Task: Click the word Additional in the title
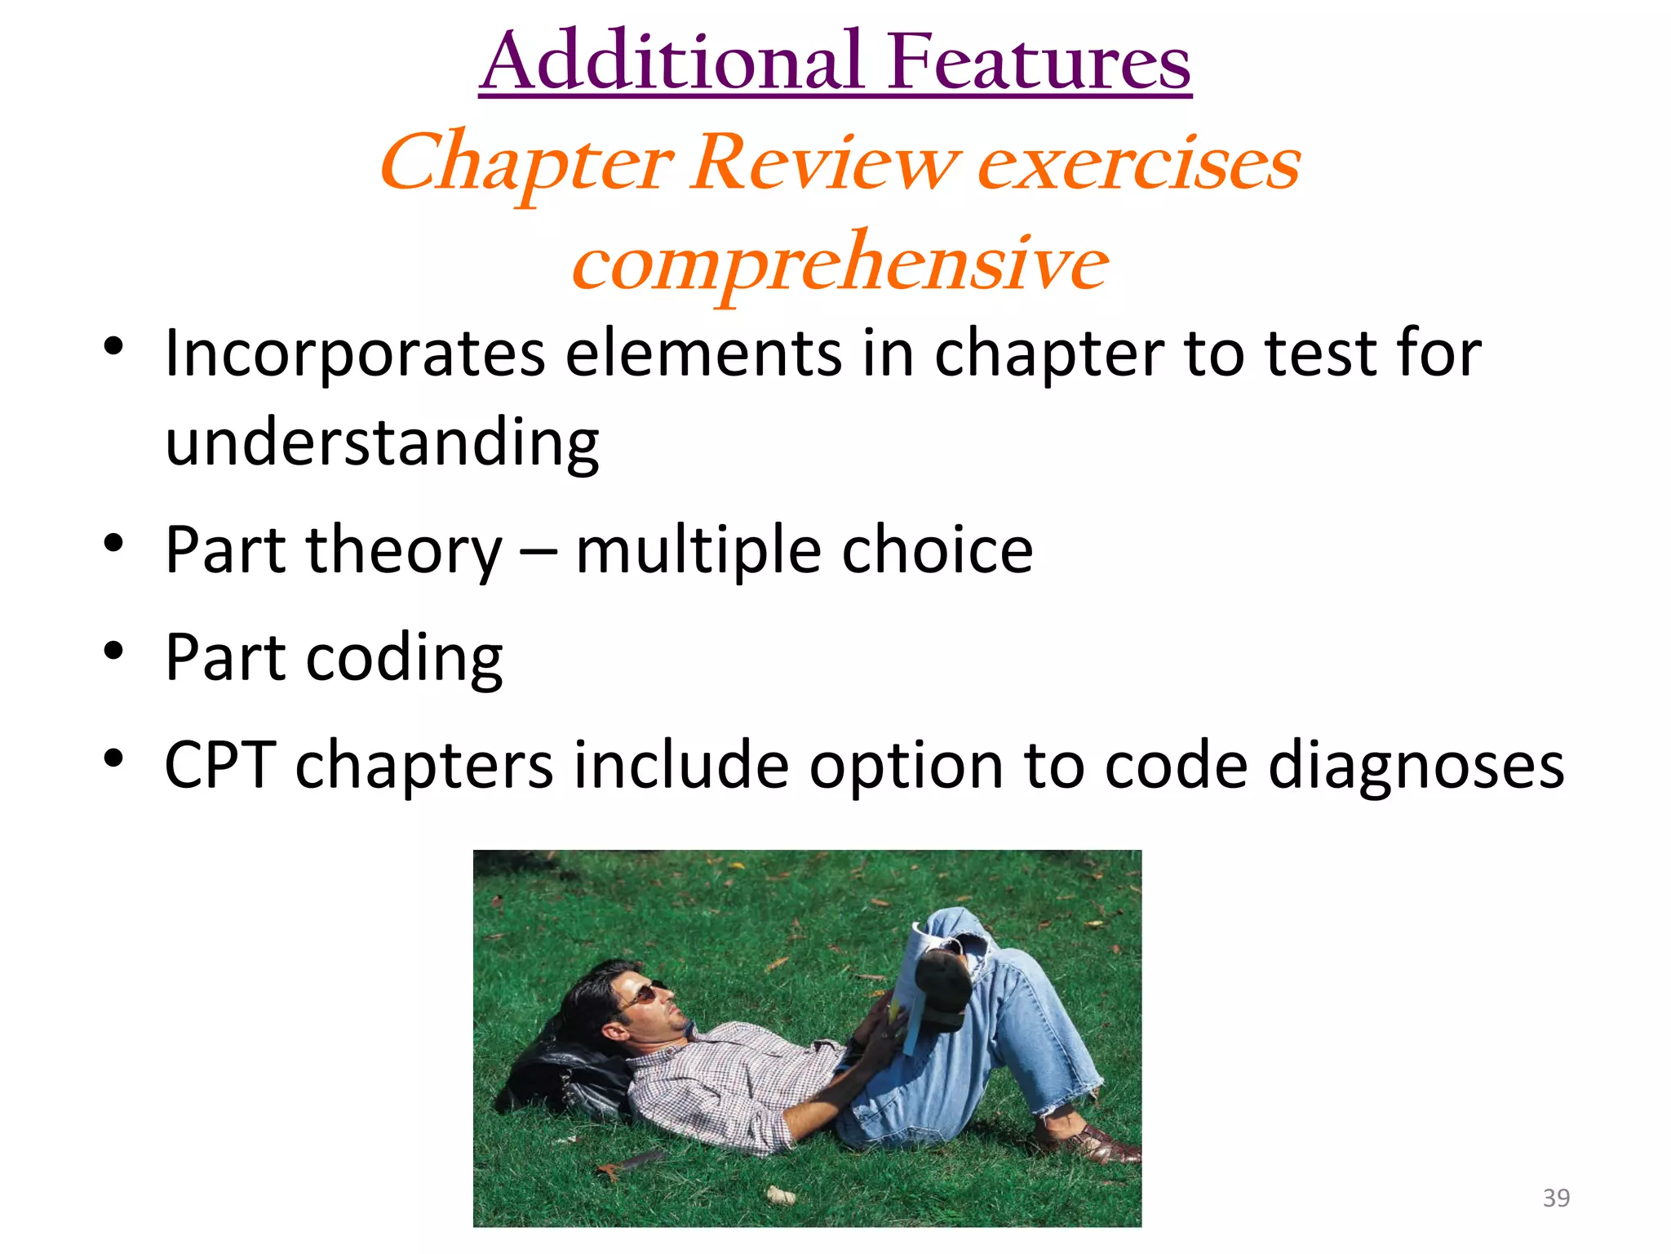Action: point(672,61)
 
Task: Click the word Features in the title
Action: point(1039,61)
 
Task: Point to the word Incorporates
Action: point(355,354)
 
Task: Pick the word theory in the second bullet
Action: point(404,551)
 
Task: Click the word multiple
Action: point(698,551)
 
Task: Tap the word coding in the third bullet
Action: point(404,658)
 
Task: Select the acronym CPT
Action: point(219,765)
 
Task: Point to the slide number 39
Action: point(1556,1198)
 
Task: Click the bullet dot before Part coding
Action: point(113,651)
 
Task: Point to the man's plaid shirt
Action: point(726,1078)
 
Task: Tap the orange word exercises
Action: point(1138,163)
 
